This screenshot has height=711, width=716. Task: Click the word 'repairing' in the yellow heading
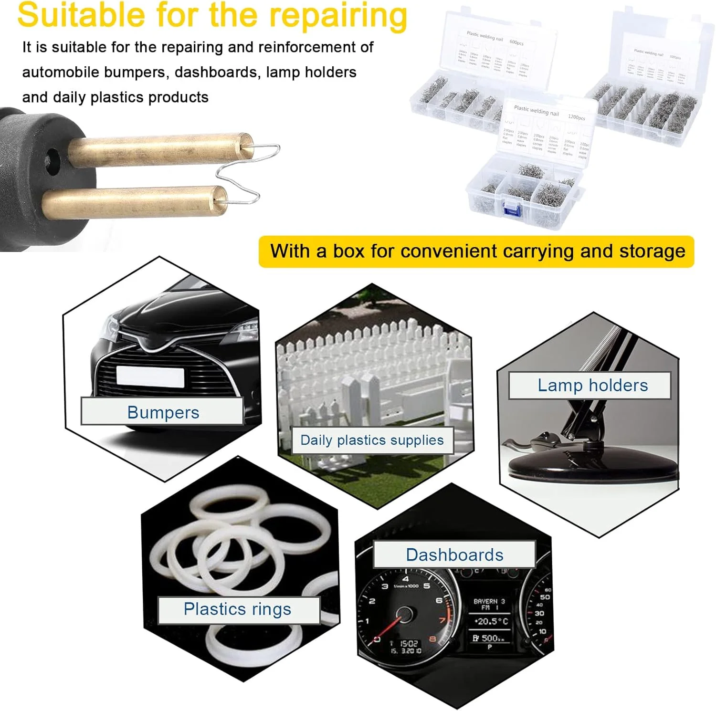338,15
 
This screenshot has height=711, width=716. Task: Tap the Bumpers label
163,412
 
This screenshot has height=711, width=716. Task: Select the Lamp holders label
592,386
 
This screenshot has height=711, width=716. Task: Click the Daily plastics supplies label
372,440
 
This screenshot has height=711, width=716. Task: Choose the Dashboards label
454,555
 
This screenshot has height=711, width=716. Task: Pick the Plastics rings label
237,609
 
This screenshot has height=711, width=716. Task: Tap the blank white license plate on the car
150,376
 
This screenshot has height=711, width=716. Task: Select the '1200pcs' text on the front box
576,117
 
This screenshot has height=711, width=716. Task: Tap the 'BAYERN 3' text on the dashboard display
489,602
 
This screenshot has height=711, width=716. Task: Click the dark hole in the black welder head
51,157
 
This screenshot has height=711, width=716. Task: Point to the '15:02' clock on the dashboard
409,644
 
